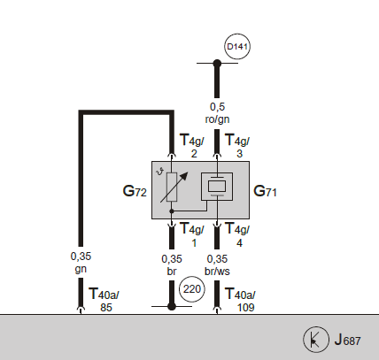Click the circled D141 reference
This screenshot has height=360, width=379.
click(237, 47)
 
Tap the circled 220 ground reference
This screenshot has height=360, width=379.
click(192, 289)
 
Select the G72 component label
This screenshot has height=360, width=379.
click(135, 191)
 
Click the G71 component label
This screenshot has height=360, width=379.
click(265, 191)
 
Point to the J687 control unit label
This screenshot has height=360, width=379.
click(347, 340)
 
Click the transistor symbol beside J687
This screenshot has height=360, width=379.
click(316, 340)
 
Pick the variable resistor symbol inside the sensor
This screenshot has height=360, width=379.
click(173, 187)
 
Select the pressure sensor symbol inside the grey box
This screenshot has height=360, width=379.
click(217, 187)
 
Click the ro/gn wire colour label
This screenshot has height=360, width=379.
click(217, 119)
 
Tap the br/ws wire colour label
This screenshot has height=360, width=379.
click(217, 271)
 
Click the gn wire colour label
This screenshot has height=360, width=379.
click(81, 269)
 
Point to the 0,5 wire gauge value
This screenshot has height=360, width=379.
click(217, 107)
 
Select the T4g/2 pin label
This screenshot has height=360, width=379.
click(192, 146)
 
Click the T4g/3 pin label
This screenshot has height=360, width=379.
click(237, 146)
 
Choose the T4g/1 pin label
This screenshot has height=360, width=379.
click(192, 235)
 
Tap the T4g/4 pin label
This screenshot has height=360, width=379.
click(237, 235)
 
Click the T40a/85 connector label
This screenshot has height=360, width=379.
click(104, 300)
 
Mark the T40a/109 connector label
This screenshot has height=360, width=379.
click(241, 300)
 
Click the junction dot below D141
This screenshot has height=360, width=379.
click(217, 63)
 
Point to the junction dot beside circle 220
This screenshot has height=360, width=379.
click(172, 306)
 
